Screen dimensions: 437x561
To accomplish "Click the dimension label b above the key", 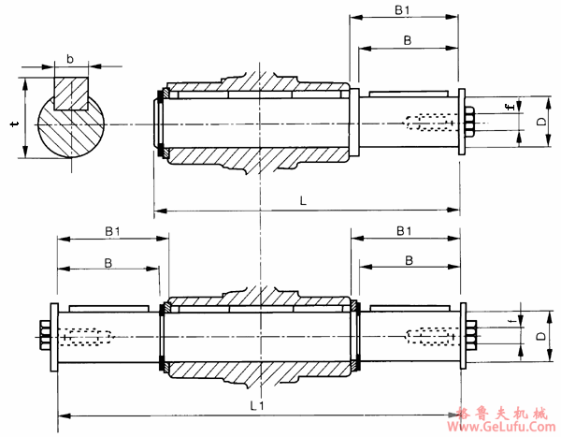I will coord(71,60).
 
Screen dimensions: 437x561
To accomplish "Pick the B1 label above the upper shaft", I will coord(402,10).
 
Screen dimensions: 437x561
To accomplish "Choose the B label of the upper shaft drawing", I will coord(408,40).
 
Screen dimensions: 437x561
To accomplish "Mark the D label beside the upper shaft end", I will coord(540,122).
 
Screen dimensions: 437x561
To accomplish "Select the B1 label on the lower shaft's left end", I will coord(113,230).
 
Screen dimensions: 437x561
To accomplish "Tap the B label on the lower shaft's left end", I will coord(108,263).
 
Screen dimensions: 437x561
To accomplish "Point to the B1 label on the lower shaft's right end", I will coord(405,230).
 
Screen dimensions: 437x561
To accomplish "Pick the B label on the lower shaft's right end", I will coord(408,259).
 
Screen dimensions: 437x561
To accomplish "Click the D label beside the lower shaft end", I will coord(540,334).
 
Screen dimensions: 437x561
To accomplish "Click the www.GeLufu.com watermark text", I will coord(504,428).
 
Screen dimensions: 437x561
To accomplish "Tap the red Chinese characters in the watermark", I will coord(504,413).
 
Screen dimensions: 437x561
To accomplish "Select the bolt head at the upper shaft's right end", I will coord(469,122).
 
